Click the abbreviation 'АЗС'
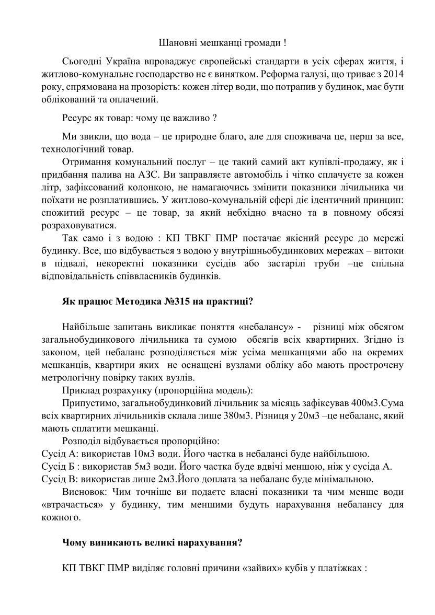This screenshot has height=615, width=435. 154,172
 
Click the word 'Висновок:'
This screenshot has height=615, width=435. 83,492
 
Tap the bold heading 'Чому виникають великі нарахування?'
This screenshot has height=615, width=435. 152,542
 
